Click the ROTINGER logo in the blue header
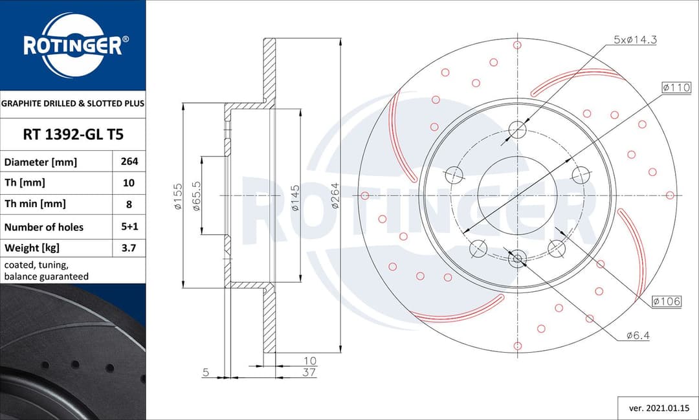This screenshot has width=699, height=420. coord(72,45)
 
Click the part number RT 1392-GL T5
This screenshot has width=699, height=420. coord(72,135)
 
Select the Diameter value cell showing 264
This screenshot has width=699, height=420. coord(129,162)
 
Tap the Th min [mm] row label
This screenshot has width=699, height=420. coord(35,204)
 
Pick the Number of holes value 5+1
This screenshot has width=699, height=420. coord(129,227)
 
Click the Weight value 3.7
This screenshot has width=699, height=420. coord(129,248)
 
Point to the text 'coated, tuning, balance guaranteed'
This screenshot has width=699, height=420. coord(47,271)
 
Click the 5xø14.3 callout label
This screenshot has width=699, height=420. coord(635,40)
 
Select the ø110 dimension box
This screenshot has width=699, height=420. coord(676,87)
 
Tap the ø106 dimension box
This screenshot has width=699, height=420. coord(667,301)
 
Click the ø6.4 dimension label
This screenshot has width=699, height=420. coord(638,335)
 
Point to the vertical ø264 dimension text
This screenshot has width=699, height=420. coord(335,195)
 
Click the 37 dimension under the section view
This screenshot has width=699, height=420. coord(309,372)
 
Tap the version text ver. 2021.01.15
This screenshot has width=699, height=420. coord(655,408)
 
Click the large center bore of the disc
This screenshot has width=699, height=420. coord(517,195)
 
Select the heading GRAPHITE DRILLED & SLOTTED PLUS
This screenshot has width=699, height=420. coord(72,104)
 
